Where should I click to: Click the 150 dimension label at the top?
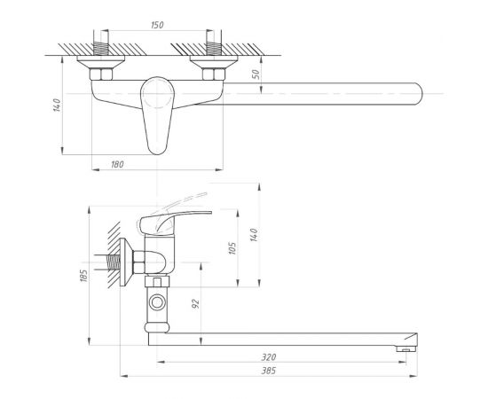[x=157, y=25]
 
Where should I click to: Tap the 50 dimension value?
[x=256, y=74]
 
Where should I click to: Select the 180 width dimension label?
[x=117, y=164]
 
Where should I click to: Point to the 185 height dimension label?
[x=84, y=276]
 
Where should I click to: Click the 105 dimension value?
[x=232, y=248]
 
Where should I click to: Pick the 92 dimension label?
[x=195, y=304]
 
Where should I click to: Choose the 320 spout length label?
[x=268, y=357]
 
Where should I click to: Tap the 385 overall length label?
[x=268, y=371]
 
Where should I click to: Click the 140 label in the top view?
[x=57, y=106]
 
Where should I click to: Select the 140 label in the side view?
[x=254, y=235]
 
